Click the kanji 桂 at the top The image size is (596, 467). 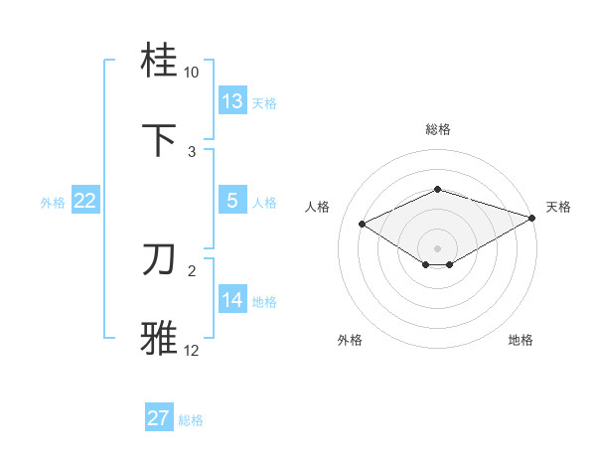point(160,63)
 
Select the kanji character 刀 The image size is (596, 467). point(160,259)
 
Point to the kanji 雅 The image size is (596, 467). point(160,338)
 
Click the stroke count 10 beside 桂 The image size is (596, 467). point(192,73)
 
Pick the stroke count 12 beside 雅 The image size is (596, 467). point(192,350)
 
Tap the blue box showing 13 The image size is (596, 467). point(232,101)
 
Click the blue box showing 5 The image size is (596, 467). point(232,201)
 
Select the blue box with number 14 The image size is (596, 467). point(232,300)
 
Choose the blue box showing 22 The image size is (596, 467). point(85,201)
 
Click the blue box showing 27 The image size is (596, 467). point(159,418)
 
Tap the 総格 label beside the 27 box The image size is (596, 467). point(191,420)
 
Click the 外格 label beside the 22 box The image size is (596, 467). point(53,202)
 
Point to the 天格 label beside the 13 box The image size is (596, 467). point(264,102)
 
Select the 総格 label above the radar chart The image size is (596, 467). point(437,129)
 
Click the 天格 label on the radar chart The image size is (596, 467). point(558,207)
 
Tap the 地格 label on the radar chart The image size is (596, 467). point(521,340)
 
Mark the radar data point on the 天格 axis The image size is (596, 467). point(533,218)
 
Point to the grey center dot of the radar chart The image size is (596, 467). point(437,247)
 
